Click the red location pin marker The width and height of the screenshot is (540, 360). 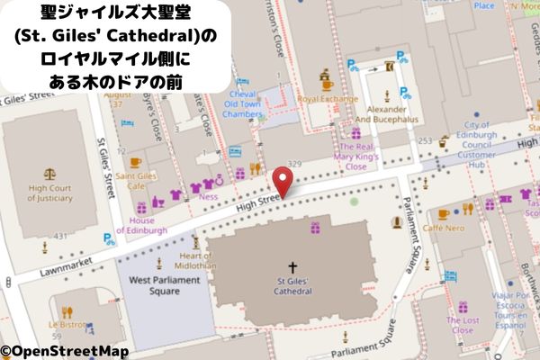coord(284,182)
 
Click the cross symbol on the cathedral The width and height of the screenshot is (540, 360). coord(292,267)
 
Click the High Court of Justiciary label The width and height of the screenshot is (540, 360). coord(50,193)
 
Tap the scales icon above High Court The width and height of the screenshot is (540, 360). coord(50,172)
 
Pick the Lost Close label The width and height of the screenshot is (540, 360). coord(463,325)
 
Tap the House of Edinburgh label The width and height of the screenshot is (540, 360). coord(148,225)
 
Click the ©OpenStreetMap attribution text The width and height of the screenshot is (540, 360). coord(64,351)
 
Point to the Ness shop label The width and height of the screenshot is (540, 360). coord(209,195)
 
